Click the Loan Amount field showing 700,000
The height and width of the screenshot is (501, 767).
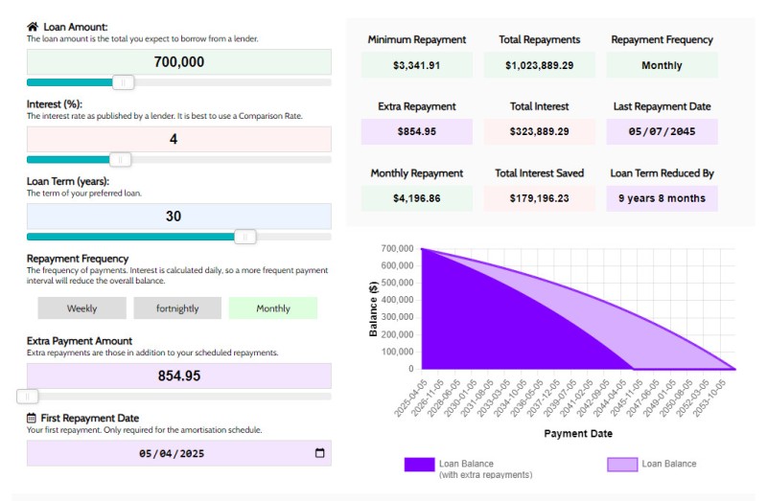(179, 62)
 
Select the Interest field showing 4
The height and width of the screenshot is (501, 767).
(179, 139)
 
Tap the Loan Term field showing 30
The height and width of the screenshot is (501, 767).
(179, 216)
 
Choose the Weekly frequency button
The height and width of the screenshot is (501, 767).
(81, 308)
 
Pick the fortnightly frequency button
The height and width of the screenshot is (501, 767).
(177, 308)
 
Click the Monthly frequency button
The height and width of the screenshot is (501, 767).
(273, 308)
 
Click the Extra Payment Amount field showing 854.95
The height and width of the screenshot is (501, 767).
(179, 376)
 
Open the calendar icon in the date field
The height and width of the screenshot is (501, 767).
(320, 453)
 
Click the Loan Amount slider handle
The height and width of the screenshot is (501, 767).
(123, 82)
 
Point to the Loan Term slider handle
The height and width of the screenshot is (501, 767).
(245, 237)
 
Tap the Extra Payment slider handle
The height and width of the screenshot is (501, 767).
(29, 396)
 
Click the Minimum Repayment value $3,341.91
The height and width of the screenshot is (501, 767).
(417, 66)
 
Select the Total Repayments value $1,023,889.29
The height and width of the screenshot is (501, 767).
(540, 66)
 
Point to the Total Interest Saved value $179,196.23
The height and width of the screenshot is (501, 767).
(540, 198)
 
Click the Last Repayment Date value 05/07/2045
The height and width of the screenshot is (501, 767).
(662, 131)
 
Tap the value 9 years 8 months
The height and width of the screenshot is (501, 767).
(662, 198)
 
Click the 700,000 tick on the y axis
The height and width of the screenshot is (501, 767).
(396, 249)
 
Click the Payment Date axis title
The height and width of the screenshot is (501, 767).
(578, 434)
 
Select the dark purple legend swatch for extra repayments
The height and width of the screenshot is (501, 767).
(419, 465)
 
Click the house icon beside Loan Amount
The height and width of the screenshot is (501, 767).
(33, 27)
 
